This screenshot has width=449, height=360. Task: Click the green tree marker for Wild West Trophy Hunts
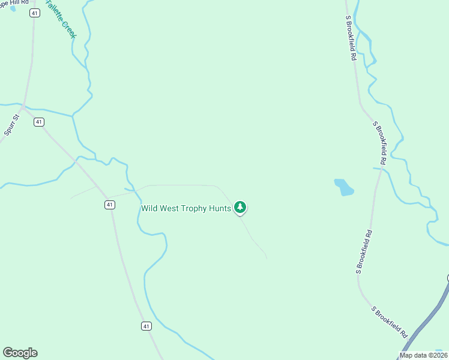point(240,208)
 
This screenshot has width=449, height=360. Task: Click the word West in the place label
point(169,209)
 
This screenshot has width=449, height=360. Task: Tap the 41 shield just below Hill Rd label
point(35,13)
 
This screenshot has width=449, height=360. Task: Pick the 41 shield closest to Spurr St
point(39,122)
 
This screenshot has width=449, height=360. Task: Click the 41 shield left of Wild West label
point(109,205)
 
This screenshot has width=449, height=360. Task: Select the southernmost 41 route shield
point(146,326)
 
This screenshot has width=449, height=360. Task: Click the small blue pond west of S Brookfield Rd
point(344,187)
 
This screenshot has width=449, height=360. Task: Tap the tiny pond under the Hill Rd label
point(13,9)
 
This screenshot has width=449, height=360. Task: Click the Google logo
point(20,353)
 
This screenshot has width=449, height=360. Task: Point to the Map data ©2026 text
point(424,355)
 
